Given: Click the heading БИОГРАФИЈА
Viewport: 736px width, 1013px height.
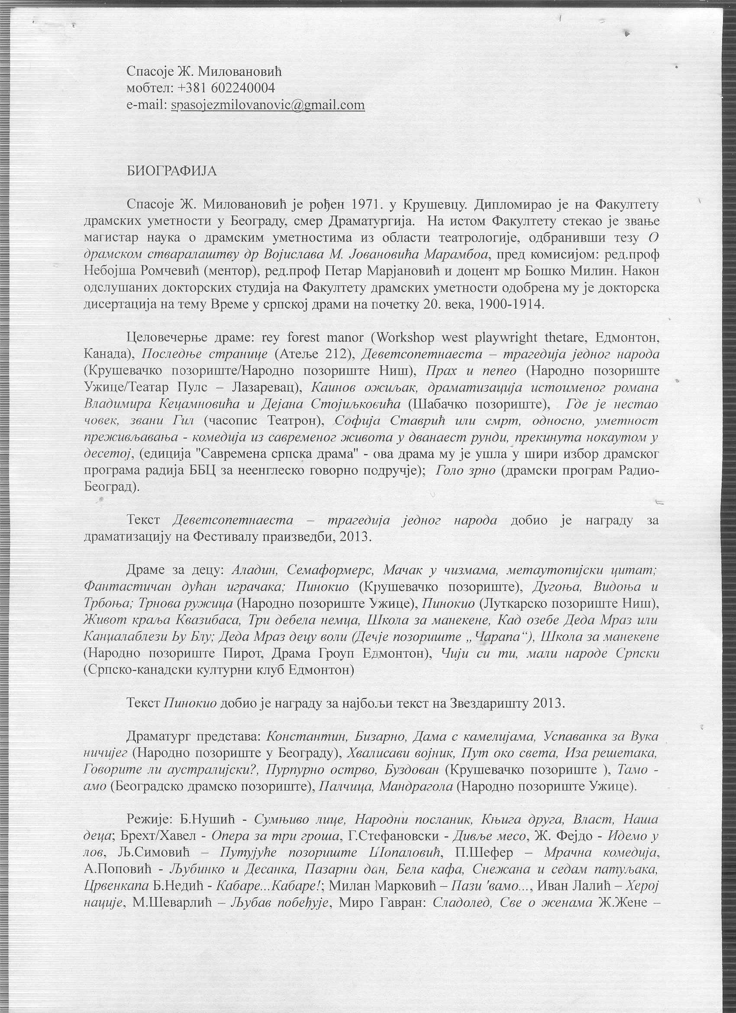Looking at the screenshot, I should (172, 172).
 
